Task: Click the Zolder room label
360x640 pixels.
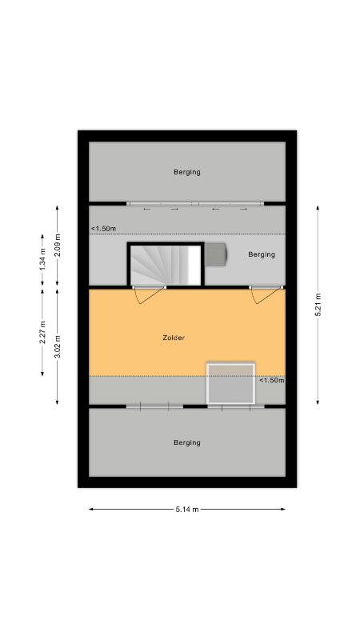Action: [x=174, y=338]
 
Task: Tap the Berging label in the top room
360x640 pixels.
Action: [x=187, y=172]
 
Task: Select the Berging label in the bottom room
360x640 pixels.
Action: [x=187, y=442]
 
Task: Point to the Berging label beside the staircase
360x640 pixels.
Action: [x=262, y=254]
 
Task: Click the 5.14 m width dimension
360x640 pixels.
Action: [x=187, y=509]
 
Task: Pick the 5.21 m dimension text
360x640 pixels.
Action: [x=318, y=305]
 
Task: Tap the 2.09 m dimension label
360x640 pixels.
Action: [x=58, y=246]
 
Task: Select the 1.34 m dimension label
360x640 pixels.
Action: [x=42, y=259]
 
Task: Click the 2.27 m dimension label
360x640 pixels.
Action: [x=42, y=332]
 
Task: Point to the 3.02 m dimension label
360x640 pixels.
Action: [x=58, y=346]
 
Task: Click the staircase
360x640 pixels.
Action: [x=166, y=265]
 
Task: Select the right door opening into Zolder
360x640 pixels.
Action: [x=266, y=294]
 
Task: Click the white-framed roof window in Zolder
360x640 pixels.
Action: [x=231, y=383]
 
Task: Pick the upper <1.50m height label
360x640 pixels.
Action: [x=103, y=229]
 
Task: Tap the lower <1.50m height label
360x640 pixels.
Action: [x=271, y=380]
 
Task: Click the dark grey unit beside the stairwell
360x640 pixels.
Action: [x=215, y=254]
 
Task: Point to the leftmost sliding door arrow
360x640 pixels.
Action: [x=147, y=209]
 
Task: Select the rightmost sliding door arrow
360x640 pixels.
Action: [x=244, y=209]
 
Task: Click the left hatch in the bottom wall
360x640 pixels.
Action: [x=154, y=406]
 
